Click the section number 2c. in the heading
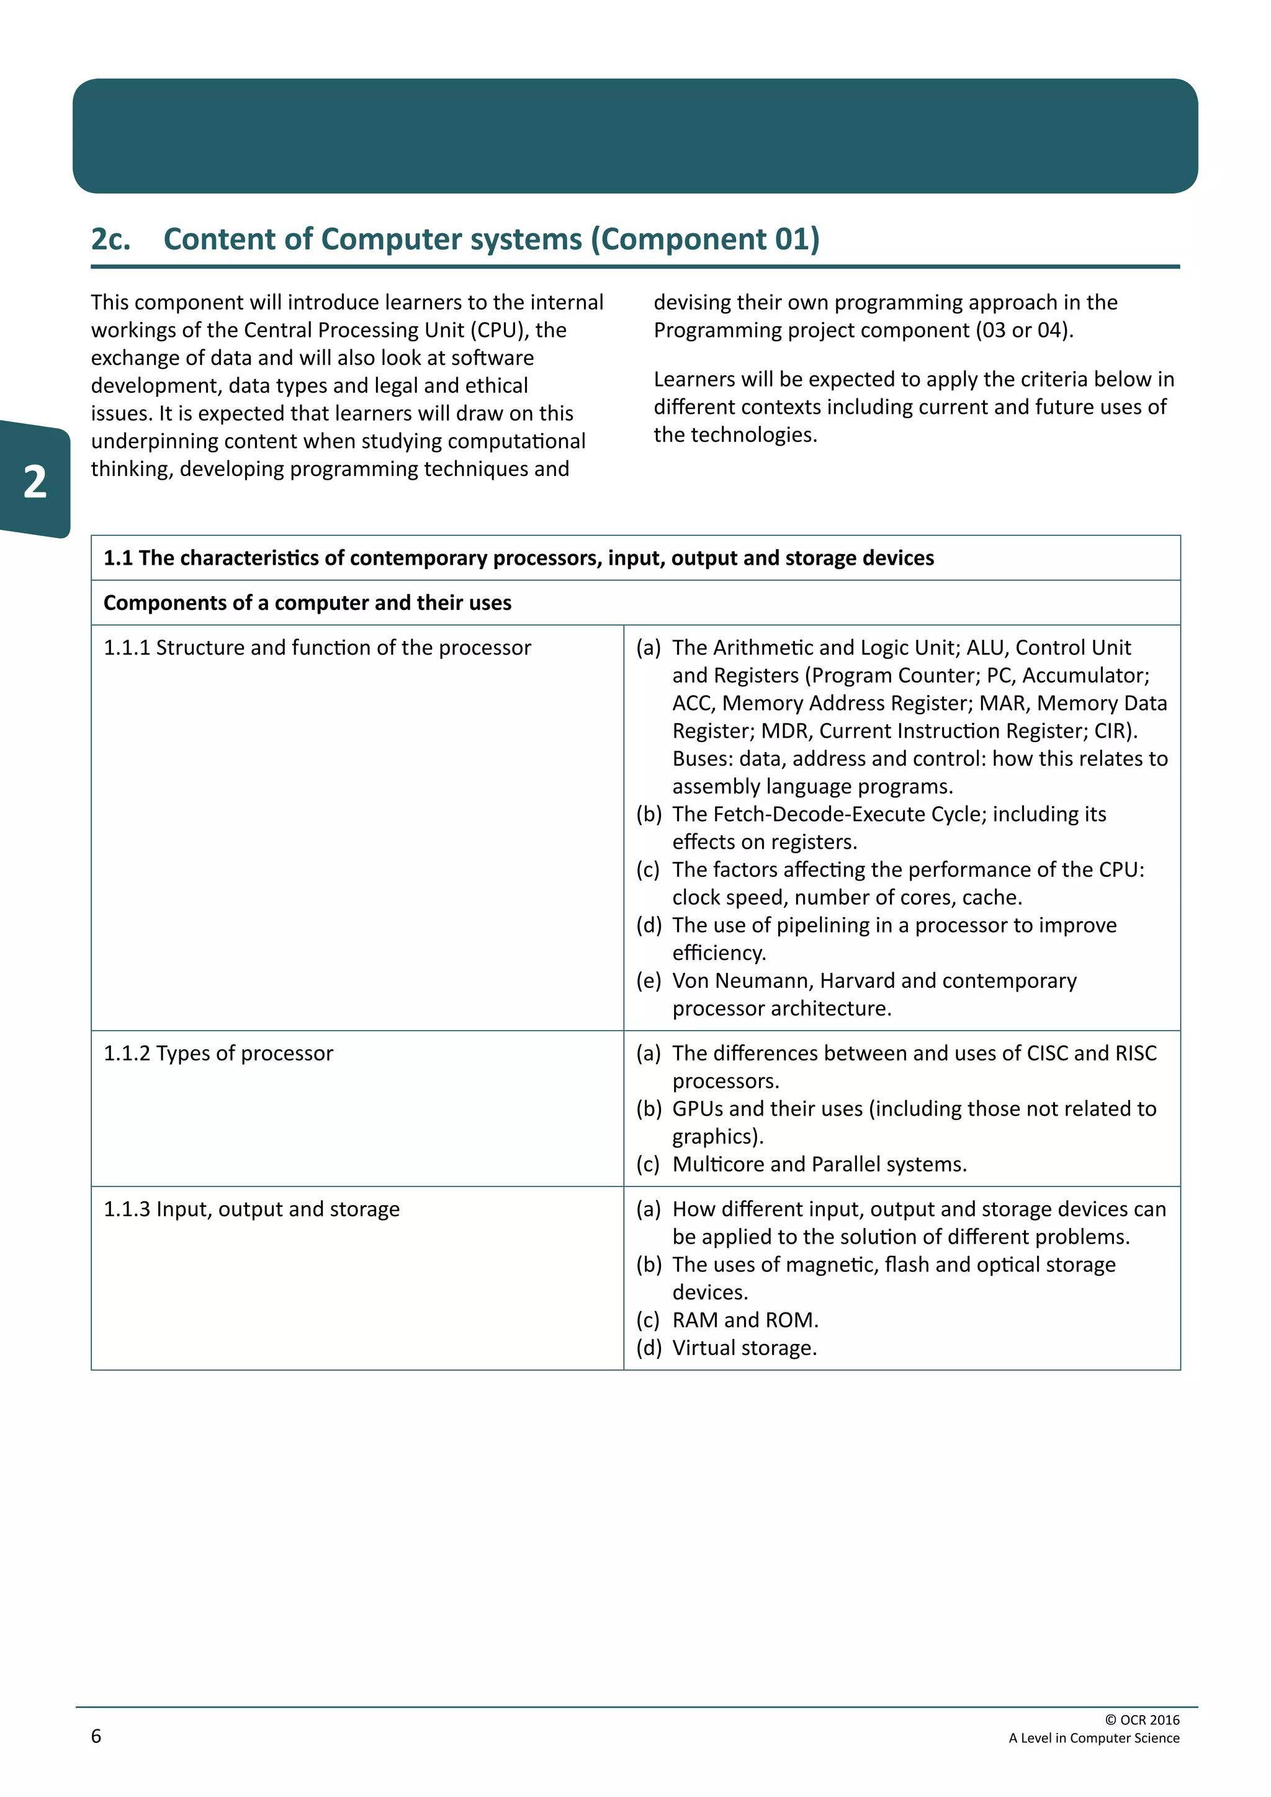point(110,240)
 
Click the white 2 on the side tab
point(34,482)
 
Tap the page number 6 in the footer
point(96,1736)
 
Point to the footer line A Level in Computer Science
point(1094,1737)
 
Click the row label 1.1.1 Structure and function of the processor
point(317,648)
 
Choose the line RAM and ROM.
point(745,1320)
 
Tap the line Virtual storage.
point(744,1348)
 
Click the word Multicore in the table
point(717,1165)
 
